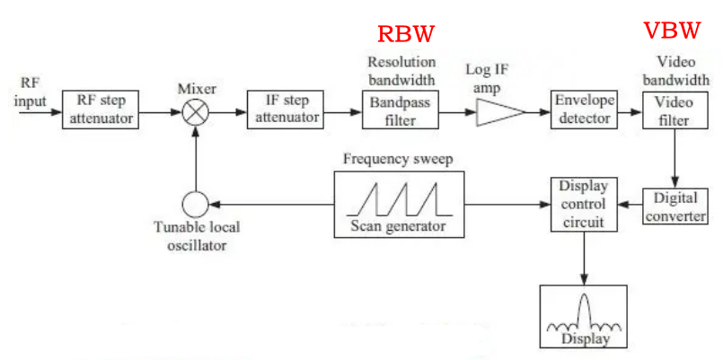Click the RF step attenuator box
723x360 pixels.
pyautogui.click(x=100, y=110)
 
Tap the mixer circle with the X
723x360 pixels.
pyautogui.click(x=195, y=112)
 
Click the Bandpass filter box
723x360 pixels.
pyautogui.click(x=400, y=112)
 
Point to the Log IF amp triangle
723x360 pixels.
pyautogui.click(x=497, y=112)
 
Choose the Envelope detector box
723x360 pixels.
pyautogui.click(x=585, y=109)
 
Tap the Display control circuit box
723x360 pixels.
pyautogui.click(x=584, y=206)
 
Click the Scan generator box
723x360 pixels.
pyautogui.click(x=401, y=206)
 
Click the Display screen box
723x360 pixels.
pyautogui.click(x=585, y=316)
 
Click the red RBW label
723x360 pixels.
pyautogui.click(x=406, y=34)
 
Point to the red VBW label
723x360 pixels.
pyautogui.click(x=672, y=31)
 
